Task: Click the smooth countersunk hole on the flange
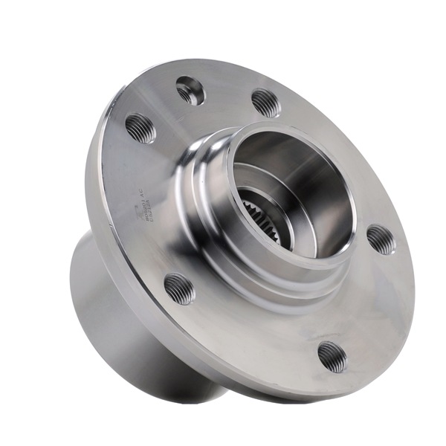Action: click(190, 91)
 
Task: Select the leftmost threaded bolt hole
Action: click(140, 128)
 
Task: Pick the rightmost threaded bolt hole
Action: click(381, 239)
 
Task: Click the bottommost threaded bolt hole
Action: click(332, 356)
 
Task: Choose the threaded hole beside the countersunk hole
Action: click(265, 102)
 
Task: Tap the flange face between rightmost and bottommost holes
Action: click(364, 305)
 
